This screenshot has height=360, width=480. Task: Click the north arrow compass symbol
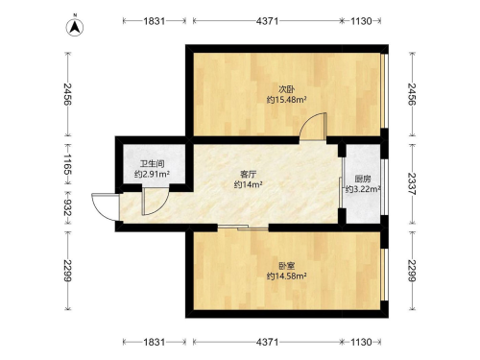[x=75, y=27]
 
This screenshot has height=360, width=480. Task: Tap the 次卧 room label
[x=286, y=89]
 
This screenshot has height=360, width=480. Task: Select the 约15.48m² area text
[x=287, y=100]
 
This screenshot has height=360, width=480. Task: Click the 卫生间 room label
[x=152, y=164]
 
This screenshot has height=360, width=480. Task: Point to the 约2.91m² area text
[x=152, y=175]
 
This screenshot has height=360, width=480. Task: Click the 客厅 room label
[x=249, y=175]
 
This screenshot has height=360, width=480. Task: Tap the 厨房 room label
[x=363, y=179]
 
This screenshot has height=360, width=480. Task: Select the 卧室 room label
[x=286, y=266]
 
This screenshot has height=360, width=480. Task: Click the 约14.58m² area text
[x=287, y=276]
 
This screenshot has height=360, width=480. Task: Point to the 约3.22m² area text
[x=363, y=189]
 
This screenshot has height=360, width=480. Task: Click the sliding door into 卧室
[x=243, y=228]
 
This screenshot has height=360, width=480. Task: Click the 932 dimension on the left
[x=67, y=207]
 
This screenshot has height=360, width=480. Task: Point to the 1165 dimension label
[x=67, y=164]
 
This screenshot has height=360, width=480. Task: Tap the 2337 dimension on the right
[x=412, y=183]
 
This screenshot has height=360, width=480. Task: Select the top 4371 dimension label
[x=268, y=21]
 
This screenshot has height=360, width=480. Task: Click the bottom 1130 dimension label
[x=361, y=342]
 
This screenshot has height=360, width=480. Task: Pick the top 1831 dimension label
[x=155, y=21]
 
